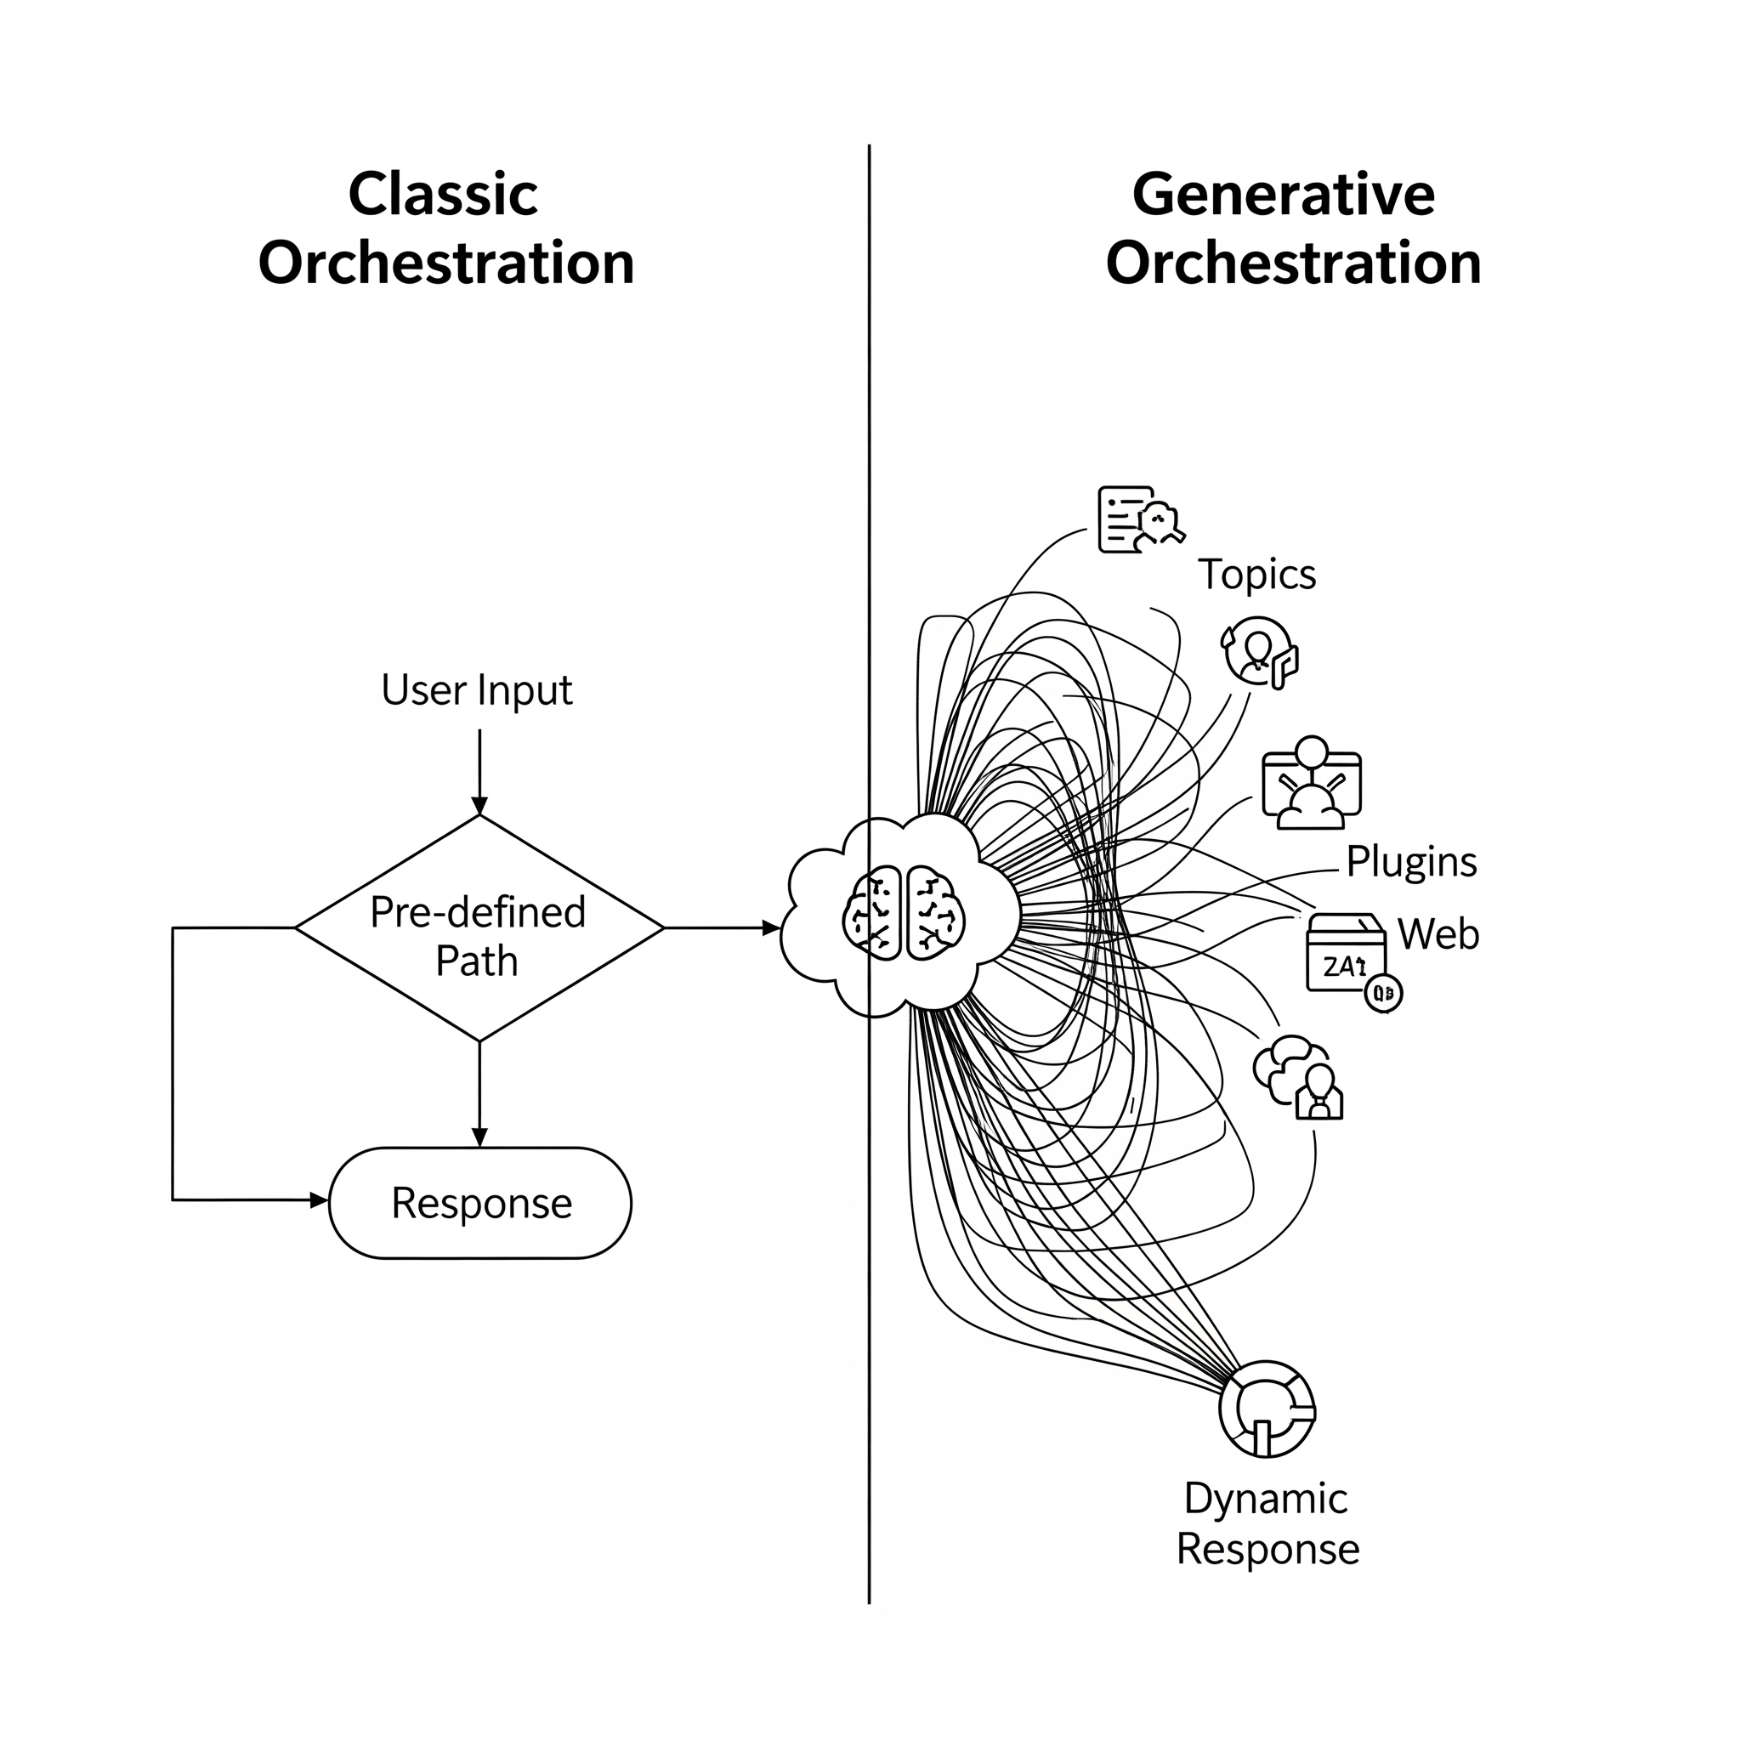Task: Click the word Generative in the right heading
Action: tap(1282, 195)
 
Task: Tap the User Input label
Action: tap(476, 690)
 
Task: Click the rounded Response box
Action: tap(480, 1203)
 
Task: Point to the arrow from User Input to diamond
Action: tap(479, 766)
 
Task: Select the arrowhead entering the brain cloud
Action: tap(770, 927)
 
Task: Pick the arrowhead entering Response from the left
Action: tap(319, 1200)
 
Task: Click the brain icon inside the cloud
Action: tap(904, 913)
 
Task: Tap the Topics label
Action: tap(1256, 575)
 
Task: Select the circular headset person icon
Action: tap(1259, 652)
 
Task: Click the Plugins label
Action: tap(1410, 862)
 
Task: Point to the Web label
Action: tap(1438, 934)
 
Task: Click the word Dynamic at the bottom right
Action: tap(1265, 1500)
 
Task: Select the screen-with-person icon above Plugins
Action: tap(1311, 783)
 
